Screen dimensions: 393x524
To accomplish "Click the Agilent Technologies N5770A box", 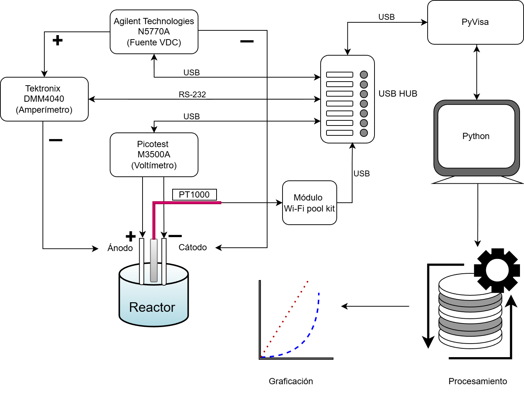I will pyautogui.click(x=154, y=32).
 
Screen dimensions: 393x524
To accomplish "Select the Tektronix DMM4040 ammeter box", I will pyautogui.click(x=44, y=99).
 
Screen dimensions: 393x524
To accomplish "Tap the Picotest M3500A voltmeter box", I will pyautogui.click(x=154, y=155).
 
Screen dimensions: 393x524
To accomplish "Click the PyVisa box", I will pyautogui.click(x=475, y=22).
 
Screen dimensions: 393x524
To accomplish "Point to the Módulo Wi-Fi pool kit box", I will pyautogui.click(x=309, y=203).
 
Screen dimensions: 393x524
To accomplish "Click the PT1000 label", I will pyautogui.click(x=194, y=195).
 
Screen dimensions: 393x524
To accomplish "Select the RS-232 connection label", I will pyautogui.click(x=192, y=94).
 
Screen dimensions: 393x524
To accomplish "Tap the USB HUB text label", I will pyautogui.click(x=398, y=94).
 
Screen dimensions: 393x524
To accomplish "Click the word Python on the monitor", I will pyautogui.click(x=476, y=136).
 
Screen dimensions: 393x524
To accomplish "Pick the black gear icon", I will pyautogui.click(x=497, y=270).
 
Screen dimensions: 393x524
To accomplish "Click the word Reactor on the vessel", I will pyautogui.click(x=152, y=307).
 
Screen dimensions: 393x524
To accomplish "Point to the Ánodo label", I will pyautogui.click(x=120, y=248).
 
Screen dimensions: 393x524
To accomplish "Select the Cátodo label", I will pyautogui.click(x=192, y=247).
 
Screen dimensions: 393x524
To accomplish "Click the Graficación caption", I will pyautogui.click(x=291, y=381).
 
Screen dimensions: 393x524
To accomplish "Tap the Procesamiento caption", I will pyautogui.click(x=477, y=381).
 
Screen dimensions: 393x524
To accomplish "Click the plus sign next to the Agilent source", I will pyautogui.click(x=58, y=40).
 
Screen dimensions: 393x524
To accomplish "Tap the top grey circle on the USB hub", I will pyautogui.click(x=364, y=75).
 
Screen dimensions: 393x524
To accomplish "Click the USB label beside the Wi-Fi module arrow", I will pyautogui.click(x=362, y=173).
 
